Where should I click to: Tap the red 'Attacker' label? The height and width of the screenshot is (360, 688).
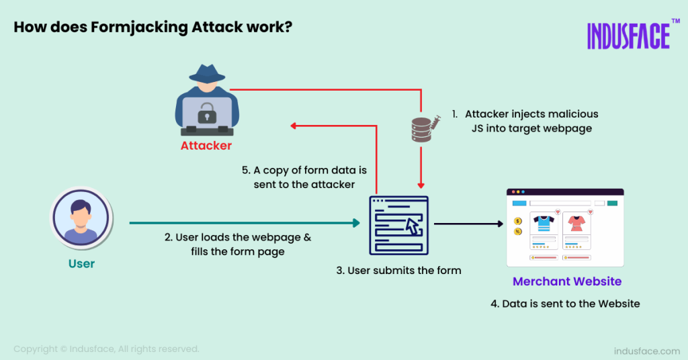(206, 146)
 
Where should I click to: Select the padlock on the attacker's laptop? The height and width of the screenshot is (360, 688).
(206, 110)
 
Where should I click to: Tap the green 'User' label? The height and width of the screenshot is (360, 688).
(81, 263)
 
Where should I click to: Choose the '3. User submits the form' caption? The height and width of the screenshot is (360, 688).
(398, 271)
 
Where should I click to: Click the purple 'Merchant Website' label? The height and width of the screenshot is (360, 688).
(567, 281)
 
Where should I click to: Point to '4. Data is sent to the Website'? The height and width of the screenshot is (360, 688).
(565, 304)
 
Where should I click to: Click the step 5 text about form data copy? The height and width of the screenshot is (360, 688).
(304, 177)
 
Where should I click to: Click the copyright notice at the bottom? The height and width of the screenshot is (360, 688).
(106, 349)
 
